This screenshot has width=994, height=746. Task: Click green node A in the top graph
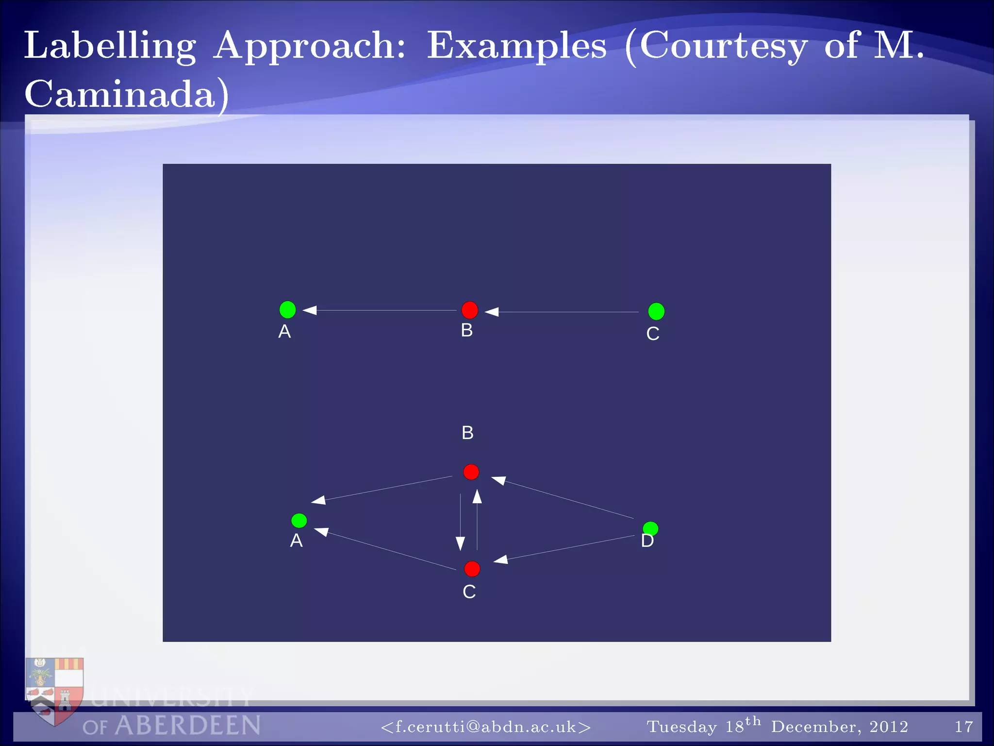[x=288, y=309]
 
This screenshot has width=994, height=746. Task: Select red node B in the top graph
[x=469, y=310]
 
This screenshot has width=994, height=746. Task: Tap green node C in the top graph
[x=656, y=311]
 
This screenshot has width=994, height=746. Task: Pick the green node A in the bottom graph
[x=299, y=521]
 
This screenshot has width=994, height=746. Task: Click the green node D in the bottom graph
[x=650, y=528]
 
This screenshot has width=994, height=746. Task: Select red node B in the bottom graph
[x=471, y=472]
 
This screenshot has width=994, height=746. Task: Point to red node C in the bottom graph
[x=472, y=569]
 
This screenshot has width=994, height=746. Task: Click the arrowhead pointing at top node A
[x=310, y=310]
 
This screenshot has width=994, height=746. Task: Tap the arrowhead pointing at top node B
[x=492, y=312]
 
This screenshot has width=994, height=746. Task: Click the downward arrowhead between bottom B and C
[x=460, y=543]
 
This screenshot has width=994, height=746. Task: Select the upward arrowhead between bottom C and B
[x=477, y=496]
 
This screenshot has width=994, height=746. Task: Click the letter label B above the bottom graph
[x=467, y=433]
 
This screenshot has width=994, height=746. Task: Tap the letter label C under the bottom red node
[x=469, y=592]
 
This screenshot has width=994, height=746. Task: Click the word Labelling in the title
[x=110, y=46]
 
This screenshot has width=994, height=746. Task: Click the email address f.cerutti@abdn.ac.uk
[x=486, y=727]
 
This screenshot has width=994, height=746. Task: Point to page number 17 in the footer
[x=963, y=727]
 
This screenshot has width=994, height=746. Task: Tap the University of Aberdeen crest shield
[x=54, y=690]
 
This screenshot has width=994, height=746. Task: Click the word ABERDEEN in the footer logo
[x=188, y=726]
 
